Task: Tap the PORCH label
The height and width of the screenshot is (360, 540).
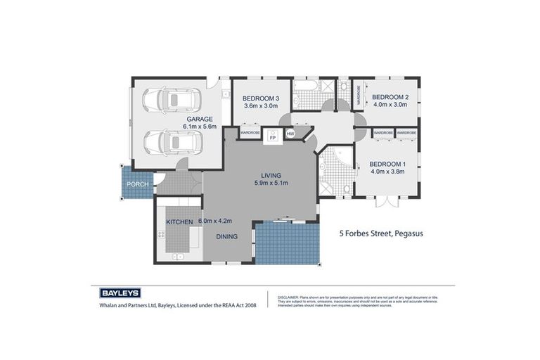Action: click(x=137, y=184)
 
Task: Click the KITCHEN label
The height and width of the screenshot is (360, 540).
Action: click(x=179, y=222)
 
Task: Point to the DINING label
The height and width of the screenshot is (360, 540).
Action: click(x=226, y=238)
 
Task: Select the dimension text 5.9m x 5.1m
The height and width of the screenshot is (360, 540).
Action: click(x=270, y=183)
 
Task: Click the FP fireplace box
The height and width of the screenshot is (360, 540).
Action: click(x=273, y=138)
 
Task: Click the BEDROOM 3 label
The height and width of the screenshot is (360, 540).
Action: click(x=261, y=98)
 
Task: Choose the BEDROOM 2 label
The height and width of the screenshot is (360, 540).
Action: click(x=390, y=97)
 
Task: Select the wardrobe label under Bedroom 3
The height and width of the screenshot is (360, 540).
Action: click(x=250, y=132)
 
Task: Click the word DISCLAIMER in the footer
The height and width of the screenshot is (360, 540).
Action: click(x=288, y=297)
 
